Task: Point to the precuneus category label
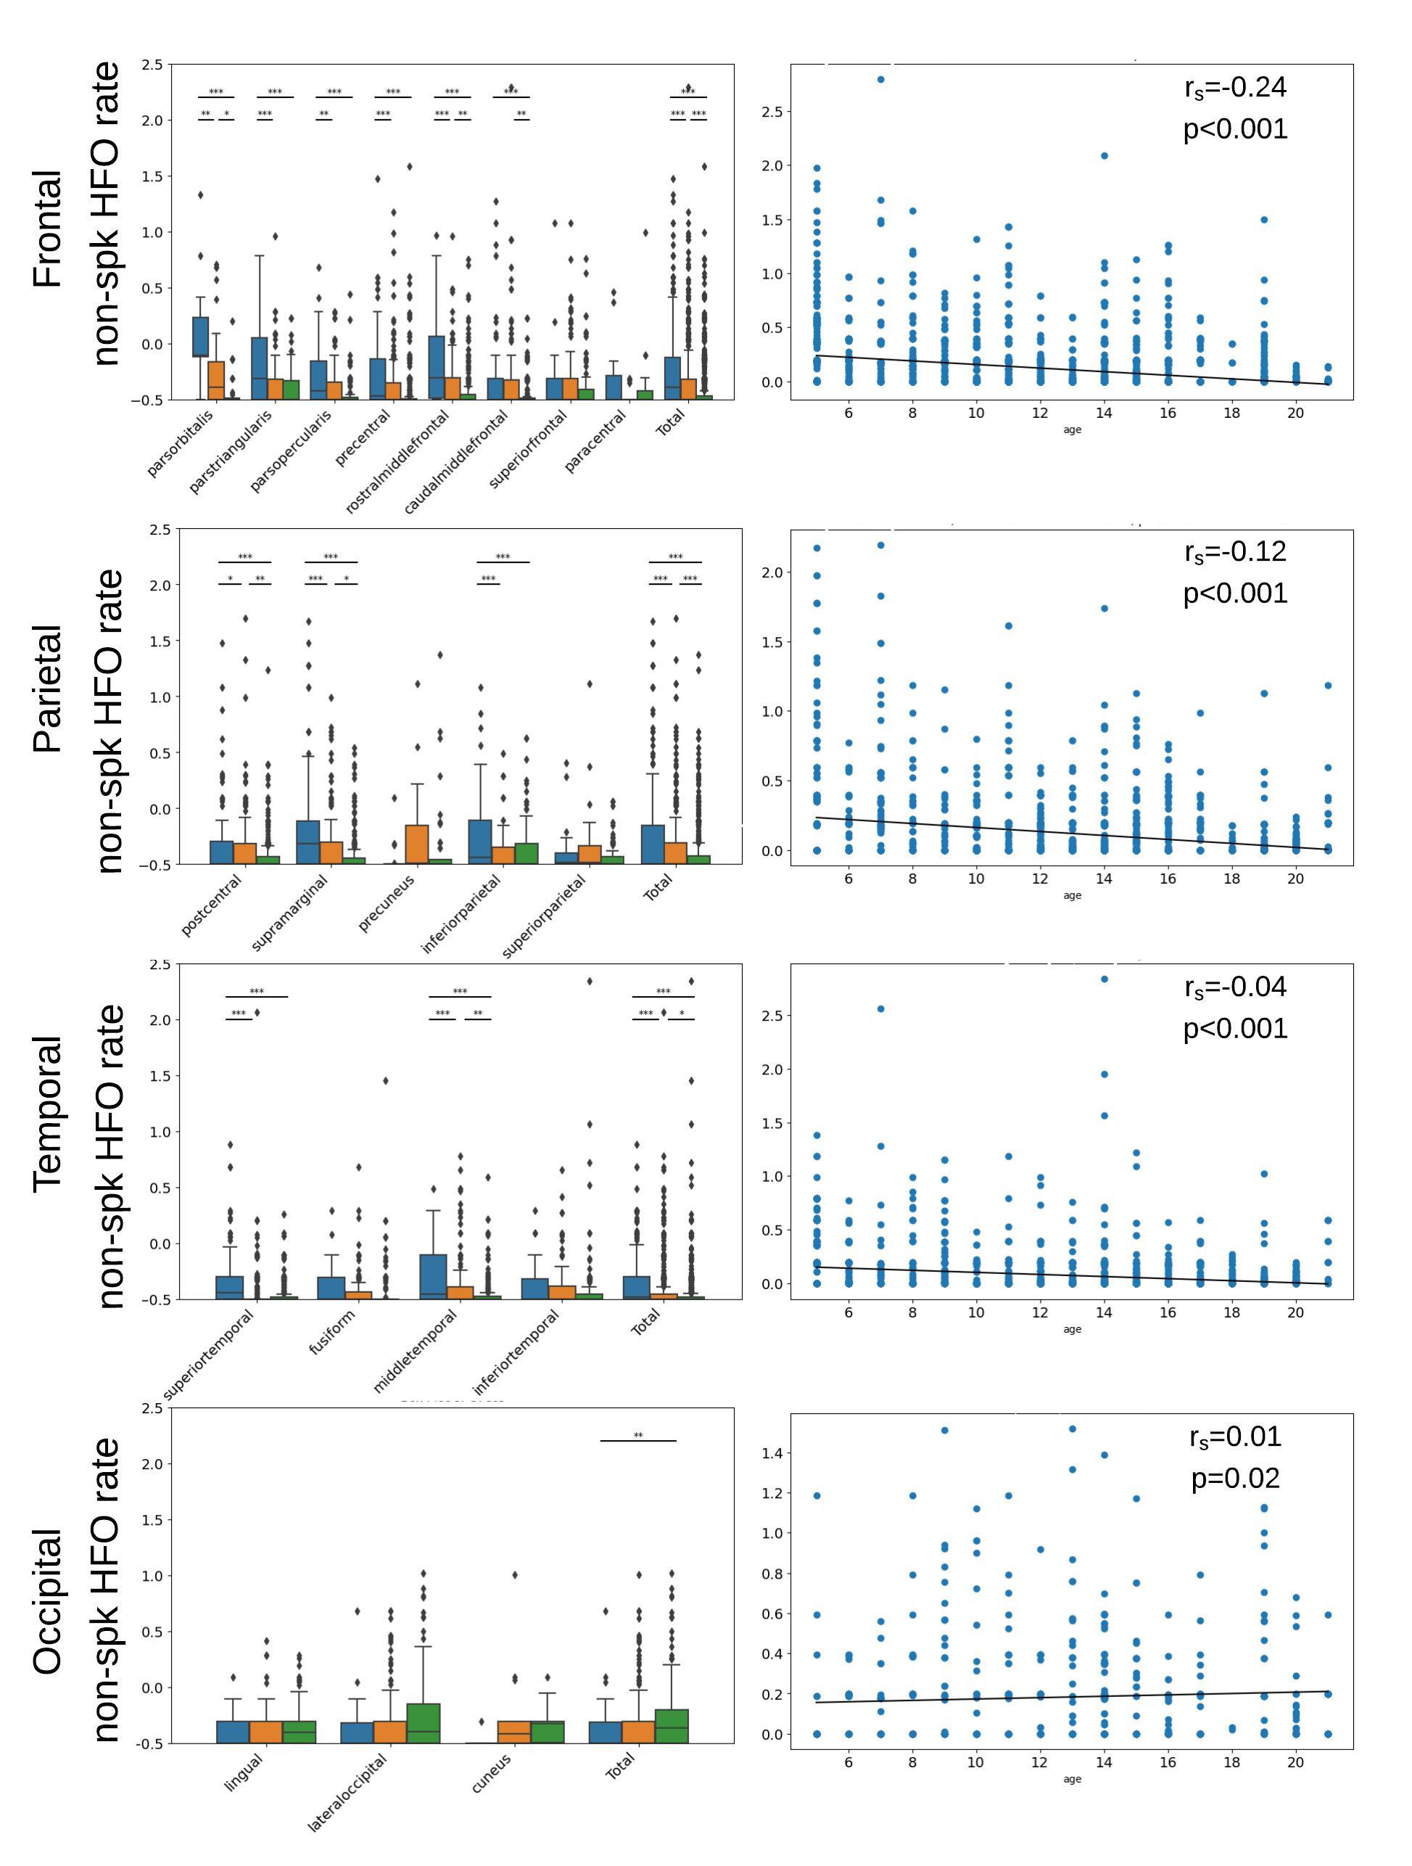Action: coord(387,903)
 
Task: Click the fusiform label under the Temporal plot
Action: coord(332,1333)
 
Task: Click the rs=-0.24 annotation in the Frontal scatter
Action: coord(1235,87)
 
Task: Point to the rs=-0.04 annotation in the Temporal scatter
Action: coord(1235,986)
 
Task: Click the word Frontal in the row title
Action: coord(48,229)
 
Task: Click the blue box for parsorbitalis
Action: coord(201,337)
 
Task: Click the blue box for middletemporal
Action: coord(434,1277)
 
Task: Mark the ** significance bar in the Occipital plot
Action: coord(637,1440)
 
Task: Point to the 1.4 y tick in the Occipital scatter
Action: coord(772,1452)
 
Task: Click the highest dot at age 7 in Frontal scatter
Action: coord(880,79)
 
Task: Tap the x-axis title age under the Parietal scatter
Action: coord(1072,895)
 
